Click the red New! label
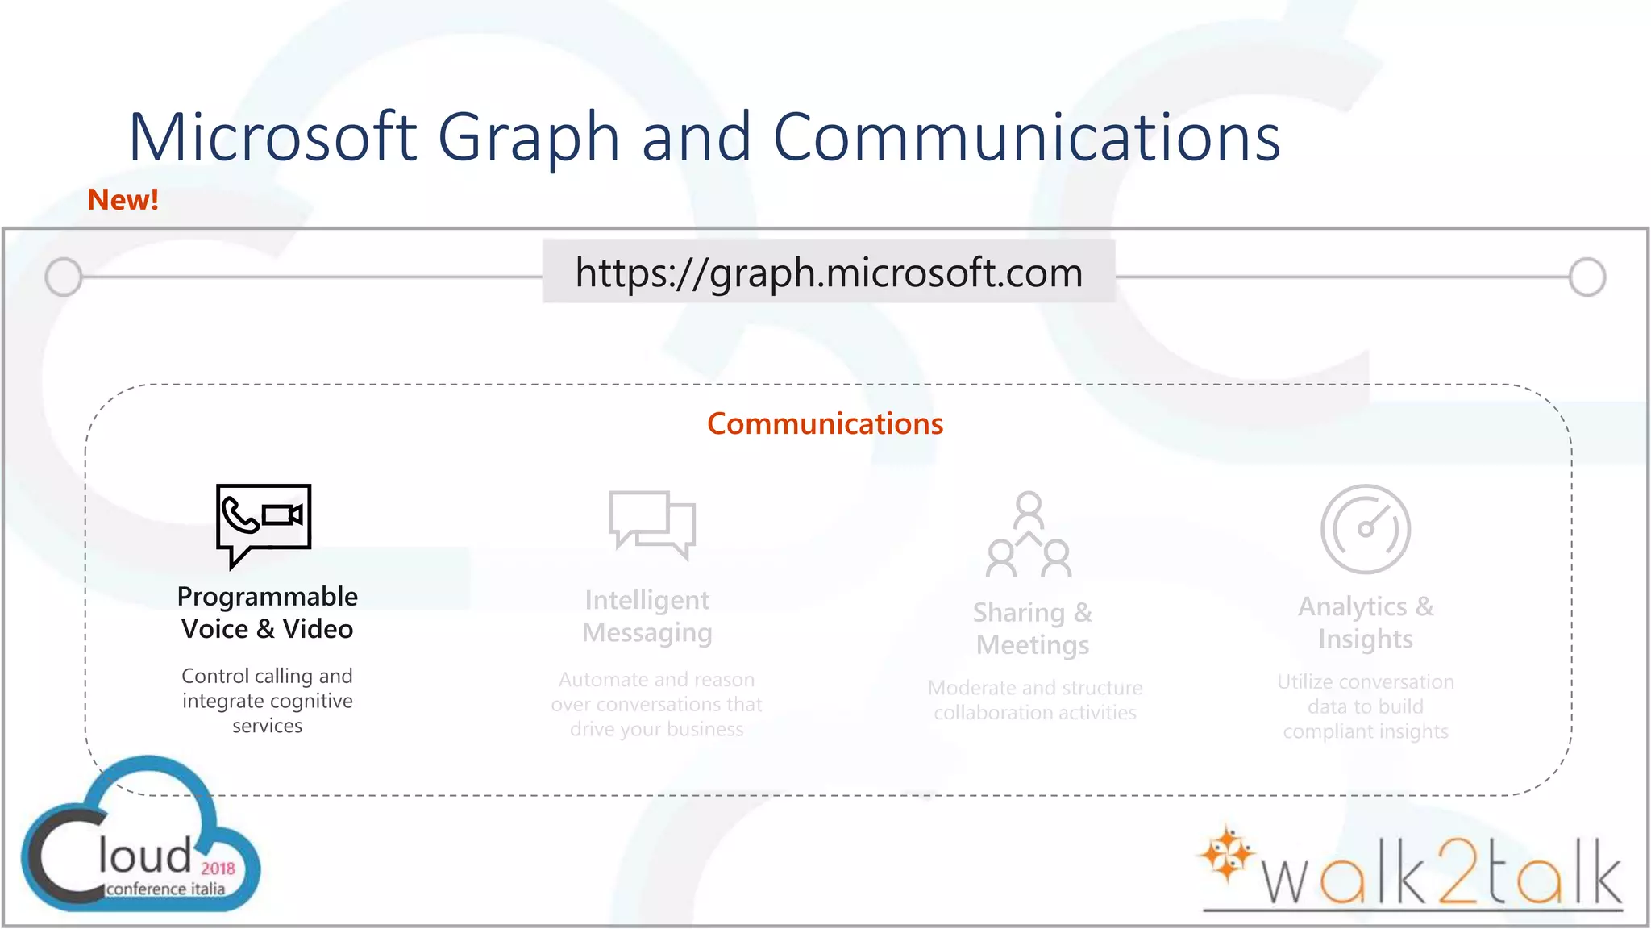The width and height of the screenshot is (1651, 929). coord(123,199)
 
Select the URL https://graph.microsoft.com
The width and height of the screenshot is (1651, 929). coord(829,273)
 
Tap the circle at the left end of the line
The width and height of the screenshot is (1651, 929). coord(64,277)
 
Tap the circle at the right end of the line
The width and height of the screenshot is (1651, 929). coord(1587,277)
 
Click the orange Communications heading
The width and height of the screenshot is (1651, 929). coord(825,424)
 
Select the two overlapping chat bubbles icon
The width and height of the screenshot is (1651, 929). coord(652,523)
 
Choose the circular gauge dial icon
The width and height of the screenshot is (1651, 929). coord(1366,529)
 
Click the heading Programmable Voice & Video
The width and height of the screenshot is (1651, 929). coord(268,613)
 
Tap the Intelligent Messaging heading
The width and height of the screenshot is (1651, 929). coord(647,616)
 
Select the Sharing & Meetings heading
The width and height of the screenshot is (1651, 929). coord(1033,629)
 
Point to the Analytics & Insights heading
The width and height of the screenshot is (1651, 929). coord(1366,623)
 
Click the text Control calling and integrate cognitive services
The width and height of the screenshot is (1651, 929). coord(268,701)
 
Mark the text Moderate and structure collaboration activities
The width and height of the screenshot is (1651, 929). coord(1035,700)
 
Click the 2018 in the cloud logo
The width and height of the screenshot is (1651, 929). coord(218,869)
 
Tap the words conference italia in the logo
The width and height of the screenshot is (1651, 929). coord(166,889)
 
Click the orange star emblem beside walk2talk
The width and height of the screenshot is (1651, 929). coord(1226,854)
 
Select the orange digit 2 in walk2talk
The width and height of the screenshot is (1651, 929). coord(1460,872)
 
